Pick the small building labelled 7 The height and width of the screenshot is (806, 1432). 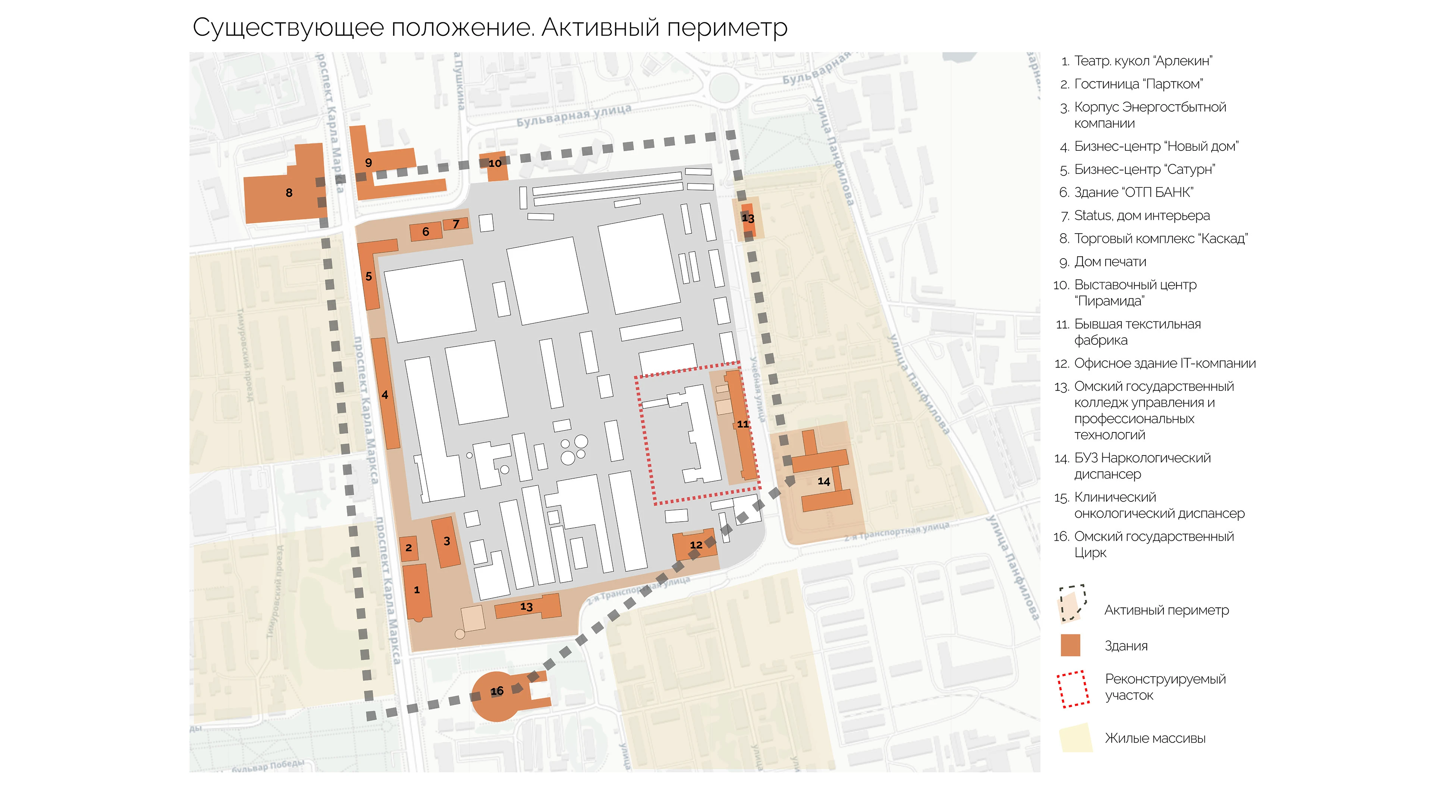(x=456, y=224)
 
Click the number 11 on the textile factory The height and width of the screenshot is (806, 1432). (x=743, y=424)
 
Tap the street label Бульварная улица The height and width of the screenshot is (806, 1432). (x=574, y=115)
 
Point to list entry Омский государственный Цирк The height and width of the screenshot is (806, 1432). (x=1153, y=544)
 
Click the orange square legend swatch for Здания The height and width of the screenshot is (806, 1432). (x=1070, y=645)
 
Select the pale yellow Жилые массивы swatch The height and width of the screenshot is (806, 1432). (x=1075, y=738)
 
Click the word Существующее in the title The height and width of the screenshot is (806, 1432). (x=288, y=28)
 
